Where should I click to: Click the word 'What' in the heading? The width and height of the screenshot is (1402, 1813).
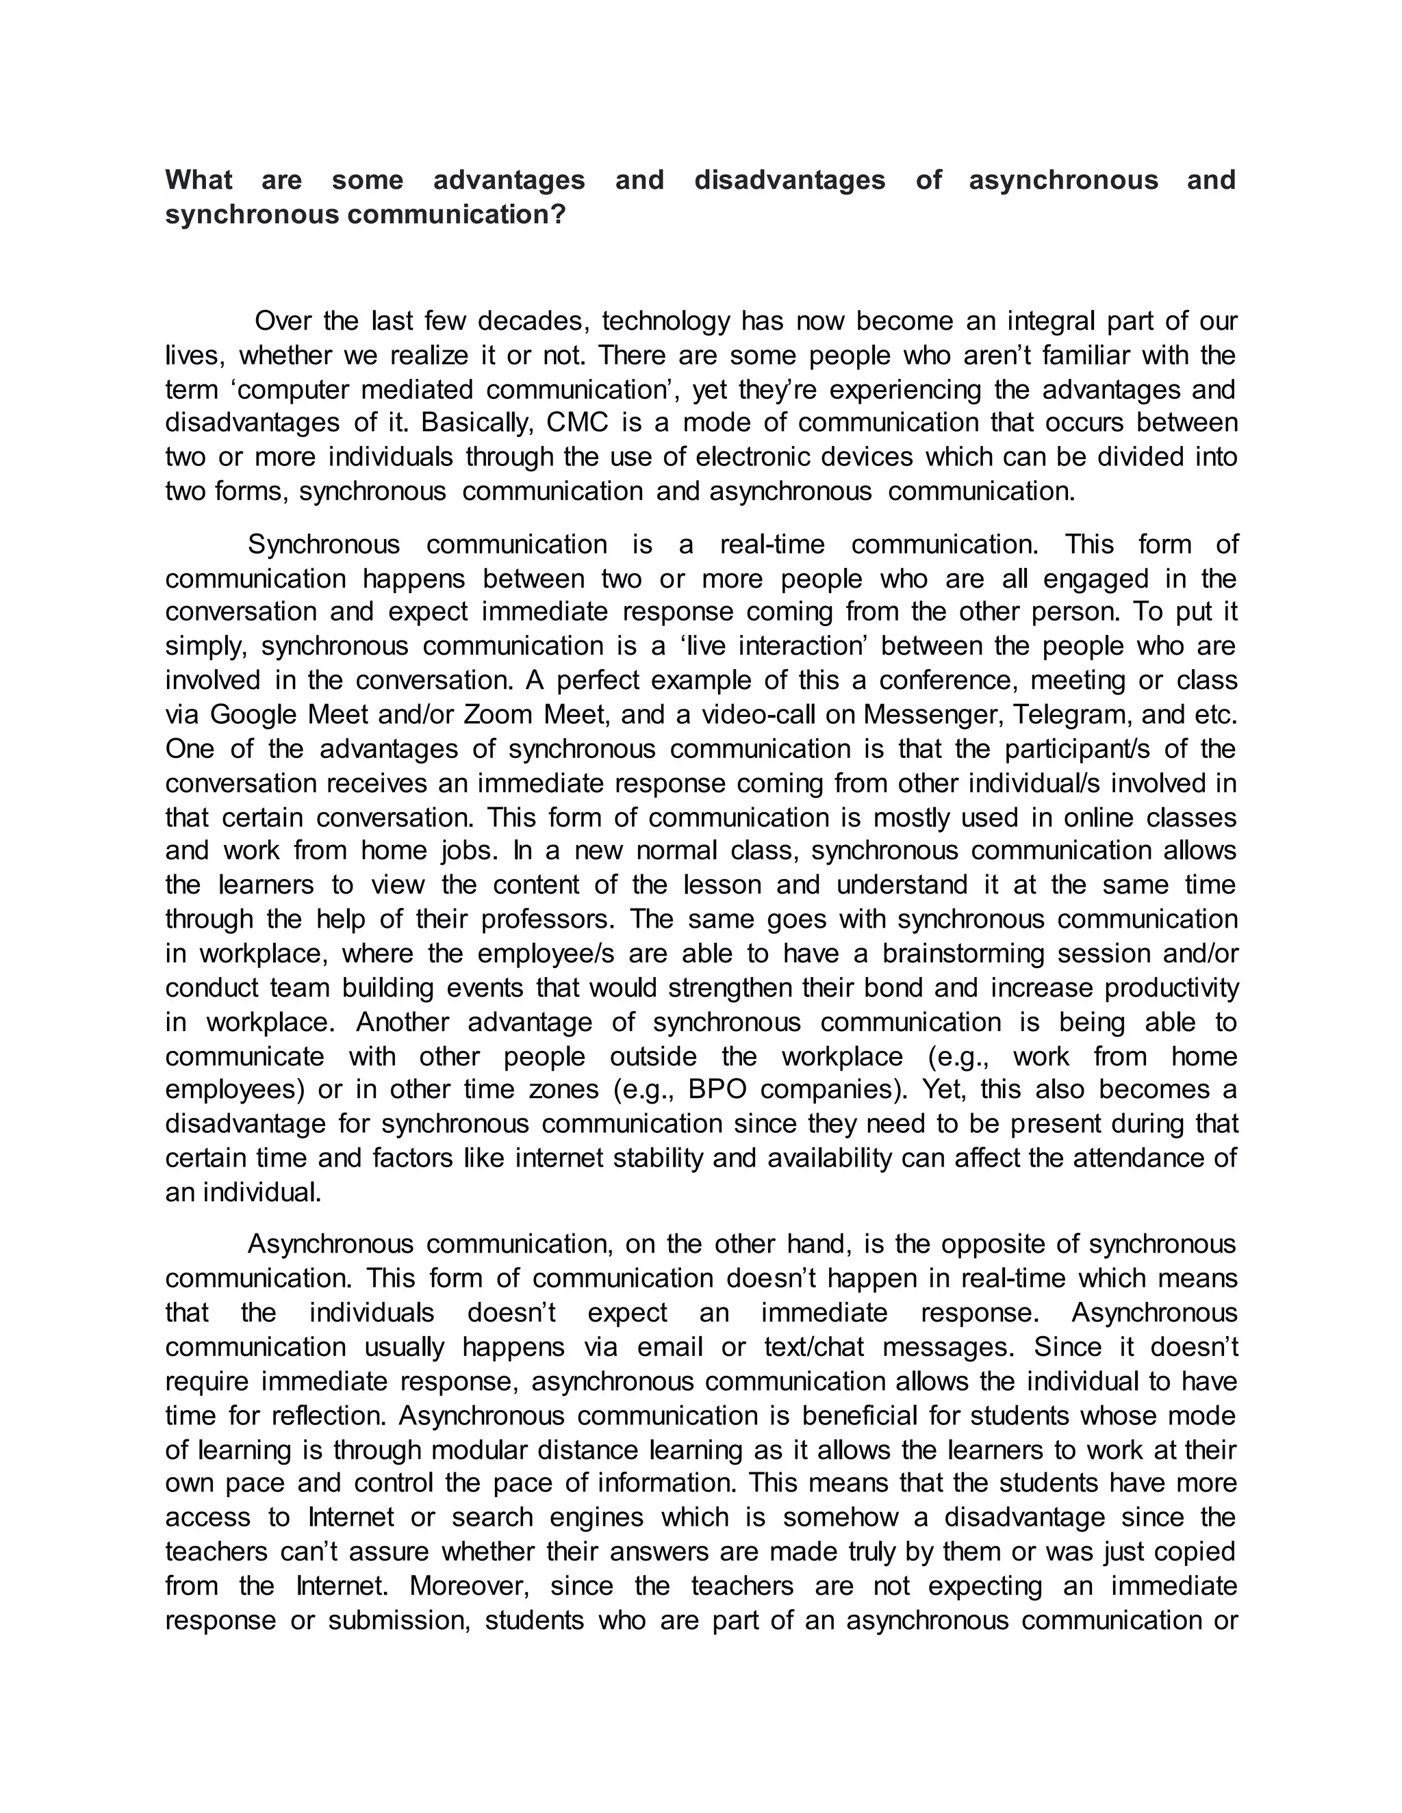pos(199,180)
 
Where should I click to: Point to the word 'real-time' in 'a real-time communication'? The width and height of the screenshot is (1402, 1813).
pos(772,545)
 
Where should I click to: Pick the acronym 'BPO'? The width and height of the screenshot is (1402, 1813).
pos(717,1089)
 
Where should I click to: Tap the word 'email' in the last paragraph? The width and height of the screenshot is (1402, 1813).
pos(670,1346)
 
